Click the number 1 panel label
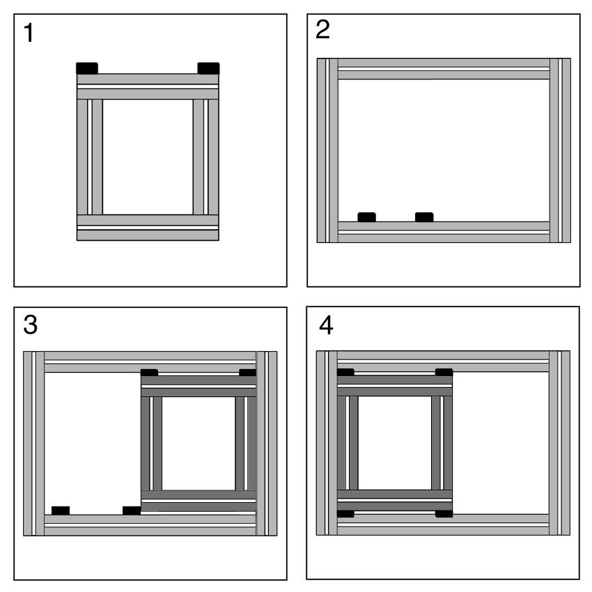tap(29, 33)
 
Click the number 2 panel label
tap(322, 29)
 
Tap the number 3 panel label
tap(30, 325)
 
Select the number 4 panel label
tap(326, 325)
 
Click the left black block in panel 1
tap(87, 68)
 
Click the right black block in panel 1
tap(208, 68)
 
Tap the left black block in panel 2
tap(366, 217)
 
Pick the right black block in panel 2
tap(424, 217)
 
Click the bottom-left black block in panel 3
tap(61, 511)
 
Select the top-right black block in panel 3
tap(248, 373)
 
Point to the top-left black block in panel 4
tap(345, 373)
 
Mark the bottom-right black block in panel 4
tap(444, 513)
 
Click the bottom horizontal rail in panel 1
tap(148, 228)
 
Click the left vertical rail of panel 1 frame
tap(89, 157)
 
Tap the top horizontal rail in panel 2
tap(444, 69)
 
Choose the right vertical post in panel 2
tap(560, 150)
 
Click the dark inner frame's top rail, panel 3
tap(198, 386)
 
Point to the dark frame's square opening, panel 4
tap(394, 443)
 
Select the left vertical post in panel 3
tap(34, 444)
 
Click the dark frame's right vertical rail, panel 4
tap(442, 443)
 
